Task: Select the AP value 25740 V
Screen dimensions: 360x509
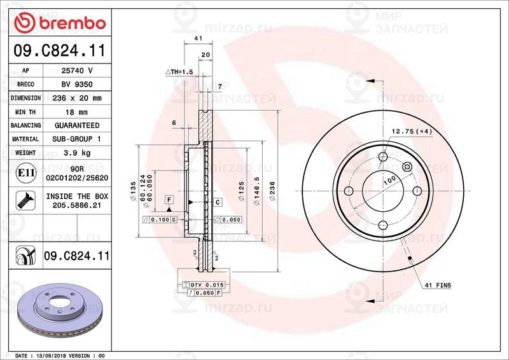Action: pos(77,71)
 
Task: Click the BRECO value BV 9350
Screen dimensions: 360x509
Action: pos(77,84)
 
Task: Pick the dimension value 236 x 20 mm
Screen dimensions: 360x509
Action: pos(77,98)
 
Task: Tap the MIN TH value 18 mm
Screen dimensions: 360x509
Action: pos(77,112)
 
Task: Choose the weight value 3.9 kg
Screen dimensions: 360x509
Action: pos(77,153)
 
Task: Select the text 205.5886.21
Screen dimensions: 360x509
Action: pos(77,206)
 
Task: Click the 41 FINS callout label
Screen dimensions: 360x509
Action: pos(437,286)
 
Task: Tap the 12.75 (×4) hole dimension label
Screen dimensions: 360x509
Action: pos(411,132)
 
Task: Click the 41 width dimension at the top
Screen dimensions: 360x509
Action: pos(198,39)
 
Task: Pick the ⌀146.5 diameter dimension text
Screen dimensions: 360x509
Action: pos(257,190)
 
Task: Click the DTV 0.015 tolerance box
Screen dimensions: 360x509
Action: pos(202,284)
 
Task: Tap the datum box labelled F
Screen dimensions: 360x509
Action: pos(169,200)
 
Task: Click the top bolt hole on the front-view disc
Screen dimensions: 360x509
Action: pos(383,158)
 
